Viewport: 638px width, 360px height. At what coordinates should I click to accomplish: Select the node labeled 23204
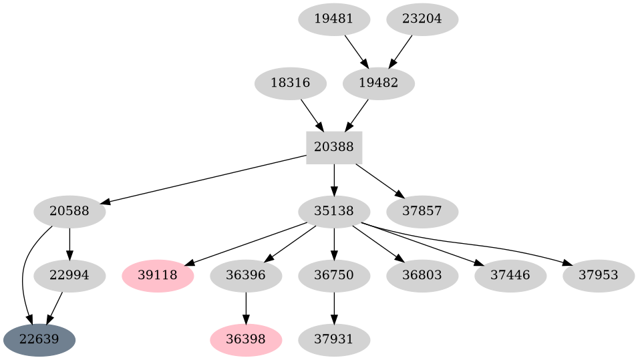pos(422,19)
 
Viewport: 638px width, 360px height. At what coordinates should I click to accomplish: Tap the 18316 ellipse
pos(291,83)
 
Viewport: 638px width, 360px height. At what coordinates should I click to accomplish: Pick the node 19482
pos(379,83)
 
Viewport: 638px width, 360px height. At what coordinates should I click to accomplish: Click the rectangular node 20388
pos(334,148)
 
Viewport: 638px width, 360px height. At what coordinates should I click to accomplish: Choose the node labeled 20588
pos(69,212)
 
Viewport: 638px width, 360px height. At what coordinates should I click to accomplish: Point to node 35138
pos(334,212)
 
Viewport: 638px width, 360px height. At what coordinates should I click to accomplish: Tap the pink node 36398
pos(246,340)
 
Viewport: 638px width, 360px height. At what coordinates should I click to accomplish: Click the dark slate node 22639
pos(39,340)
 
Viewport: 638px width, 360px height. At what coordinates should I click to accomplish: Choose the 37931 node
pos(334,340)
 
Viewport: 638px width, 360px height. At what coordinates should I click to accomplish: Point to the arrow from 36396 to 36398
pos(246,308)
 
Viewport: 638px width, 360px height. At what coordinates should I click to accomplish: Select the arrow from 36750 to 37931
pos(334,308)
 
